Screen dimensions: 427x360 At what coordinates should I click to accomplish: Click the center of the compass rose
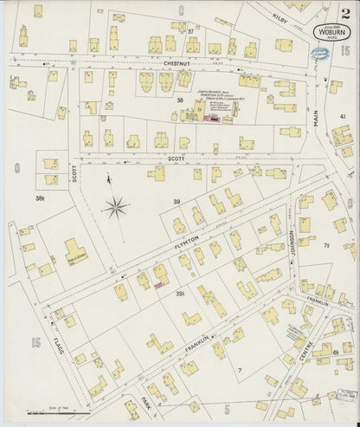115,206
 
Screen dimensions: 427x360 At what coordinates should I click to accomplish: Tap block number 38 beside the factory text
180,101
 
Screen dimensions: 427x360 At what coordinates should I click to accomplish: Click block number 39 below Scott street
176,202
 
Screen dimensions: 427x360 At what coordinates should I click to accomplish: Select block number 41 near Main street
343,116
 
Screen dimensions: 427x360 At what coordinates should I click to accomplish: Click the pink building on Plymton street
159,283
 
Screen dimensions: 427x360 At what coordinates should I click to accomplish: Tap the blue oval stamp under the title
321,54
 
